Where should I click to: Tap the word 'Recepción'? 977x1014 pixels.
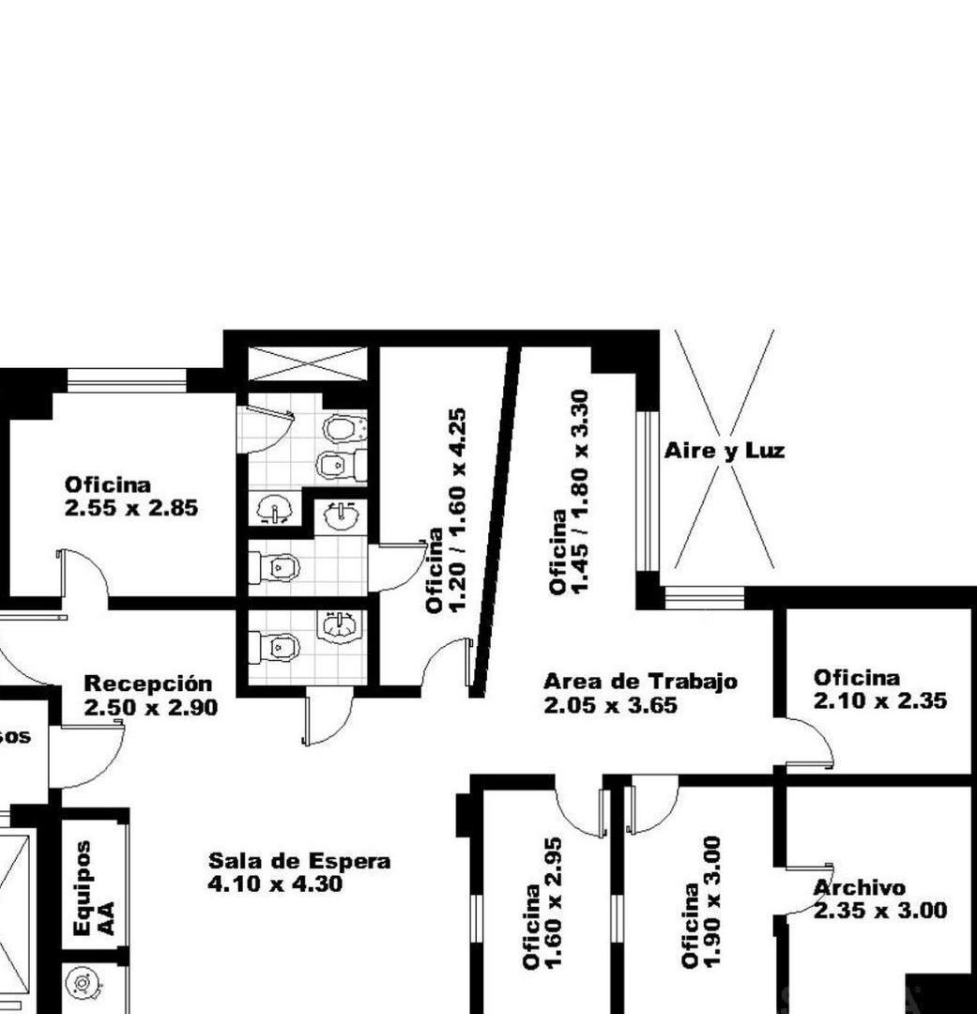148,684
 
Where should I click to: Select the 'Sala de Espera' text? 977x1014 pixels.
299,861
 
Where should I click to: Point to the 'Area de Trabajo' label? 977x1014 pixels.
640,682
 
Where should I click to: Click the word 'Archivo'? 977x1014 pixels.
860,887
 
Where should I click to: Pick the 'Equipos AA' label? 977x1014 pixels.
94,888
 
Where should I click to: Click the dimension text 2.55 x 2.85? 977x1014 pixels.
131,509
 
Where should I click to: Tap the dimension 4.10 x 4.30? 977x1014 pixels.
275,884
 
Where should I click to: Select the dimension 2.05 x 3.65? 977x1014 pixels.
610,705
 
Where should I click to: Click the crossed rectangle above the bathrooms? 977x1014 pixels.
307,363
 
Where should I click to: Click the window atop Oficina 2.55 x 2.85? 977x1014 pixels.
127,380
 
